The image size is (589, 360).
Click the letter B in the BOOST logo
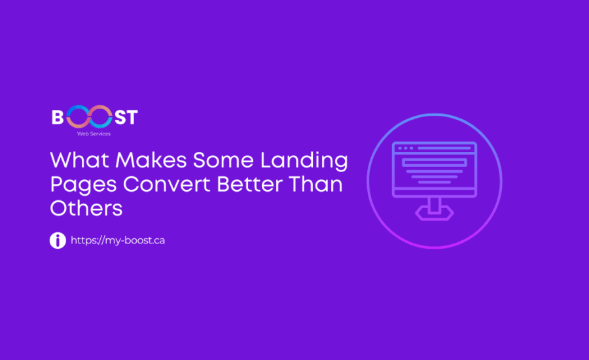click(58, 118)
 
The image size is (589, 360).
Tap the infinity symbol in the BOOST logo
click(88, 118)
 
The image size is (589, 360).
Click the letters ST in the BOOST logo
click(124, 118)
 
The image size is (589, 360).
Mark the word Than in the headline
click(319, 184)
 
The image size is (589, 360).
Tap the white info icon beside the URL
click(58, 240)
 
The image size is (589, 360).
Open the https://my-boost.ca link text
click(118, 240)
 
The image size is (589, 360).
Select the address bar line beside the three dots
click(444, 149)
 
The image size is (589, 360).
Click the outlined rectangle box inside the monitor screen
click(435, 161)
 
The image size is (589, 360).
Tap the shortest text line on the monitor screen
click(435, 183)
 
